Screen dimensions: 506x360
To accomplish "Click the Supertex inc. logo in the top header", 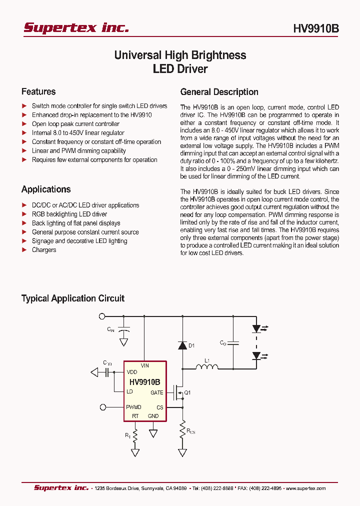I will (x=76, y=28).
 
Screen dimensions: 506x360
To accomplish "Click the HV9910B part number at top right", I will (x=315, y=29).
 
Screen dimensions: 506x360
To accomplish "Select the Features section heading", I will (x=38, y=91).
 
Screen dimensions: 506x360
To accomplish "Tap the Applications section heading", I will (x=46, y=189).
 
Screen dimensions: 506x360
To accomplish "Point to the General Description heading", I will (x=219, y=92).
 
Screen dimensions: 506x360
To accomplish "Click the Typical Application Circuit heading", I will (x=72, y=298).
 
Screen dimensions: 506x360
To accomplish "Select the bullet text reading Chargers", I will (x=44, y=250).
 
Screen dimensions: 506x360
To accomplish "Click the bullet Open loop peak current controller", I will (x=75, y=124).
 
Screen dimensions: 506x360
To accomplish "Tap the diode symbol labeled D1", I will (x=182, y=345).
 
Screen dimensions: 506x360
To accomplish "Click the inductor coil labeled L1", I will (x=206, y=368).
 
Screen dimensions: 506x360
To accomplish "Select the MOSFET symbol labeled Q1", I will (x=177, y=393).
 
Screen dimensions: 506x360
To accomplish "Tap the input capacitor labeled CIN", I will (x=123, y=329).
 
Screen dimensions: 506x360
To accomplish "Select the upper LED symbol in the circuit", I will (x=257, y=328).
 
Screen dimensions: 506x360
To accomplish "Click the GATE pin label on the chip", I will (x=156, y=393).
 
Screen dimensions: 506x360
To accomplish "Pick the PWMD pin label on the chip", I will (x=134, y=407).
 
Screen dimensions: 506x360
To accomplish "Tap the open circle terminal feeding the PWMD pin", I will (x=102, y=407).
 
